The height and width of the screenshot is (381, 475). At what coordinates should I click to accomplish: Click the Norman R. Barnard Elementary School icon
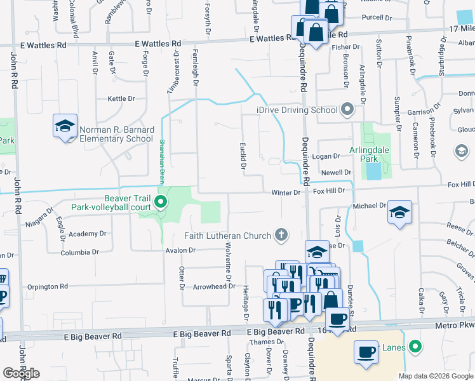65,126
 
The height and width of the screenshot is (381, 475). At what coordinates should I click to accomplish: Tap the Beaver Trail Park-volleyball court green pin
161,203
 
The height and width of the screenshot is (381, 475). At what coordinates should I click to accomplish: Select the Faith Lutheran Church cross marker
281,236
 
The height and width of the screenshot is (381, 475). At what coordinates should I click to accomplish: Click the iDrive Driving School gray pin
347,110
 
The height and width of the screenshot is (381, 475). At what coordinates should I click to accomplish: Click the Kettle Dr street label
121,99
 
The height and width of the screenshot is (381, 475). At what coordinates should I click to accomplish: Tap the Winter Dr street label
285,192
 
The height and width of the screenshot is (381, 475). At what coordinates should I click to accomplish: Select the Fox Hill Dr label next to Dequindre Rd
328,190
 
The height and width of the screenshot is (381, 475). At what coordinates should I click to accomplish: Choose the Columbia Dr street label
80,253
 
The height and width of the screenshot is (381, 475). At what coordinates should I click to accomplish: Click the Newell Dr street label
336,172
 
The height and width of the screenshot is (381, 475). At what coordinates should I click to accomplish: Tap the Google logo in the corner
20,373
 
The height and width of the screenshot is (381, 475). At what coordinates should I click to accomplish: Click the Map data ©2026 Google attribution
436,376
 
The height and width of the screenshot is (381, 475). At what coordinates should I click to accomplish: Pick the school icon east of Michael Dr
399,213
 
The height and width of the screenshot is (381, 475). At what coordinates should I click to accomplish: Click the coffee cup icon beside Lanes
366,352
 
